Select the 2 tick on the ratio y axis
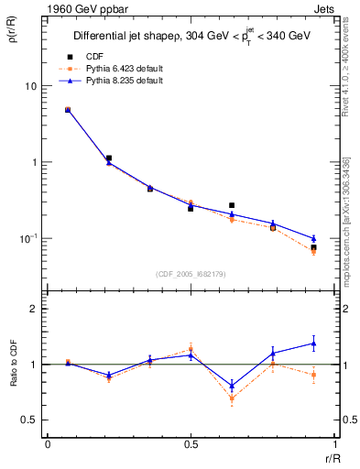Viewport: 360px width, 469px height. click(32, 309)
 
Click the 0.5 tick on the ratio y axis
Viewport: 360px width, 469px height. click(29, 420)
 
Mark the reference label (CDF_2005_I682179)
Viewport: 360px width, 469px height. click(190, 274)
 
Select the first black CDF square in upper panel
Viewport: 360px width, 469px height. click(68, 110)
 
